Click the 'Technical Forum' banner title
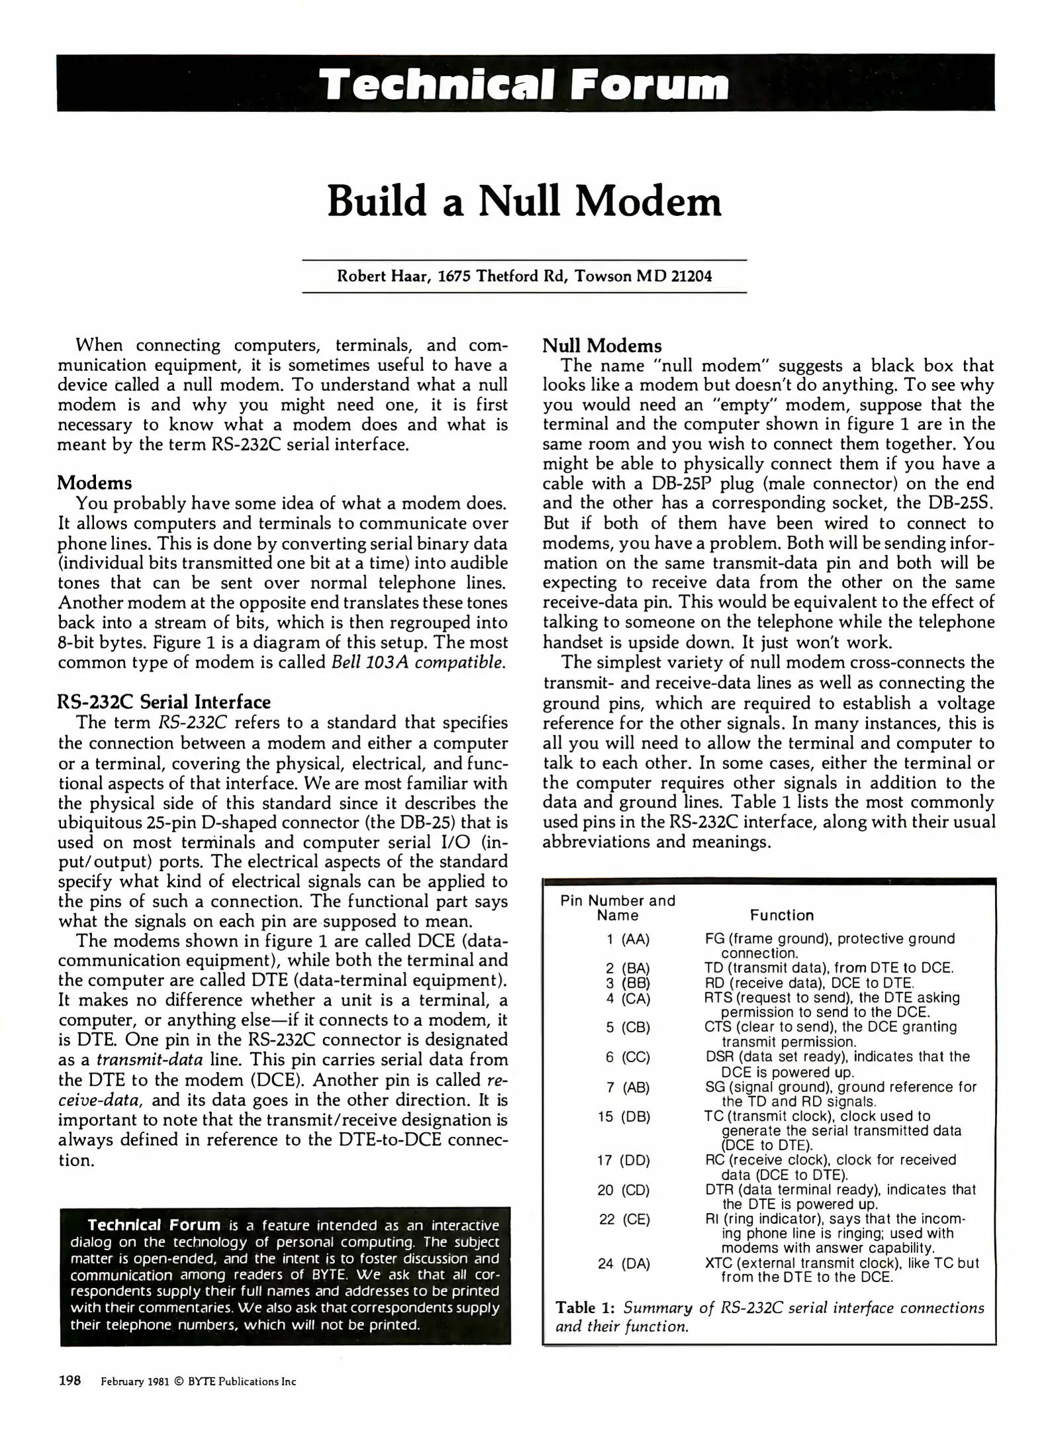(524, 85)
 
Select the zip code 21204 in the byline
(692, 276)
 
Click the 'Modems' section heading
(95, 482)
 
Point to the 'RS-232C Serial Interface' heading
(164, 702)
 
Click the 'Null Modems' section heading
(602, 346)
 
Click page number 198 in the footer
(70, 1381)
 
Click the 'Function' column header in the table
(781, 916)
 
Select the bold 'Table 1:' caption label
(586, 1308)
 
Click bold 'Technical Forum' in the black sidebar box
(154, 1225)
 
